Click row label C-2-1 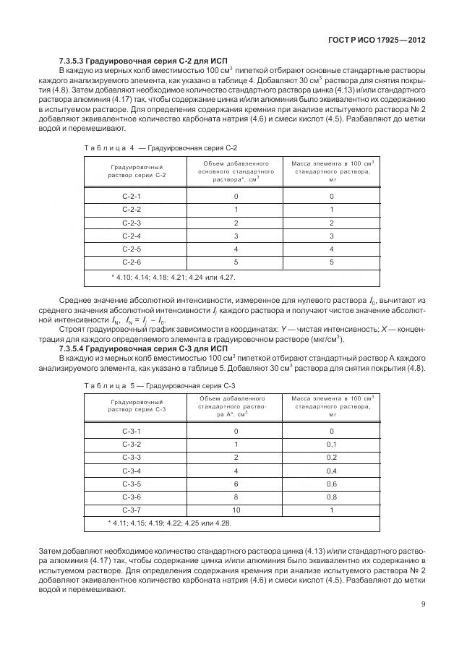(x=132, y=197)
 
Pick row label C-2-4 (x=132, y=236)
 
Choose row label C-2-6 (x=132, y=262)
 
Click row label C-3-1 (x=132, y=431)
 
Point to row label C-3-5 (x=132, y=483)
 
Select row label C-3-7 (x=132, y=509)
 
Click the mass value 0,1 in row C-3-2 (x=332, y=444)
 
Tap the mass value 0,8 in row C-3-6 (x=332, y=496)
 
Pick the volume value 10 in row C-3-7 (x=236, y=509)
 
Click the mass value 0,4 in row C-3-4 (x=332, y=470)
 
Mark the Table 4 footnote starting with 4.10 (x=173, y=277)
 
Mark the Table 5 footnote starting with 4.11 (x=170, y=522)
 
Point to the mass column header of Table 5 (x=332, y=406)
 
